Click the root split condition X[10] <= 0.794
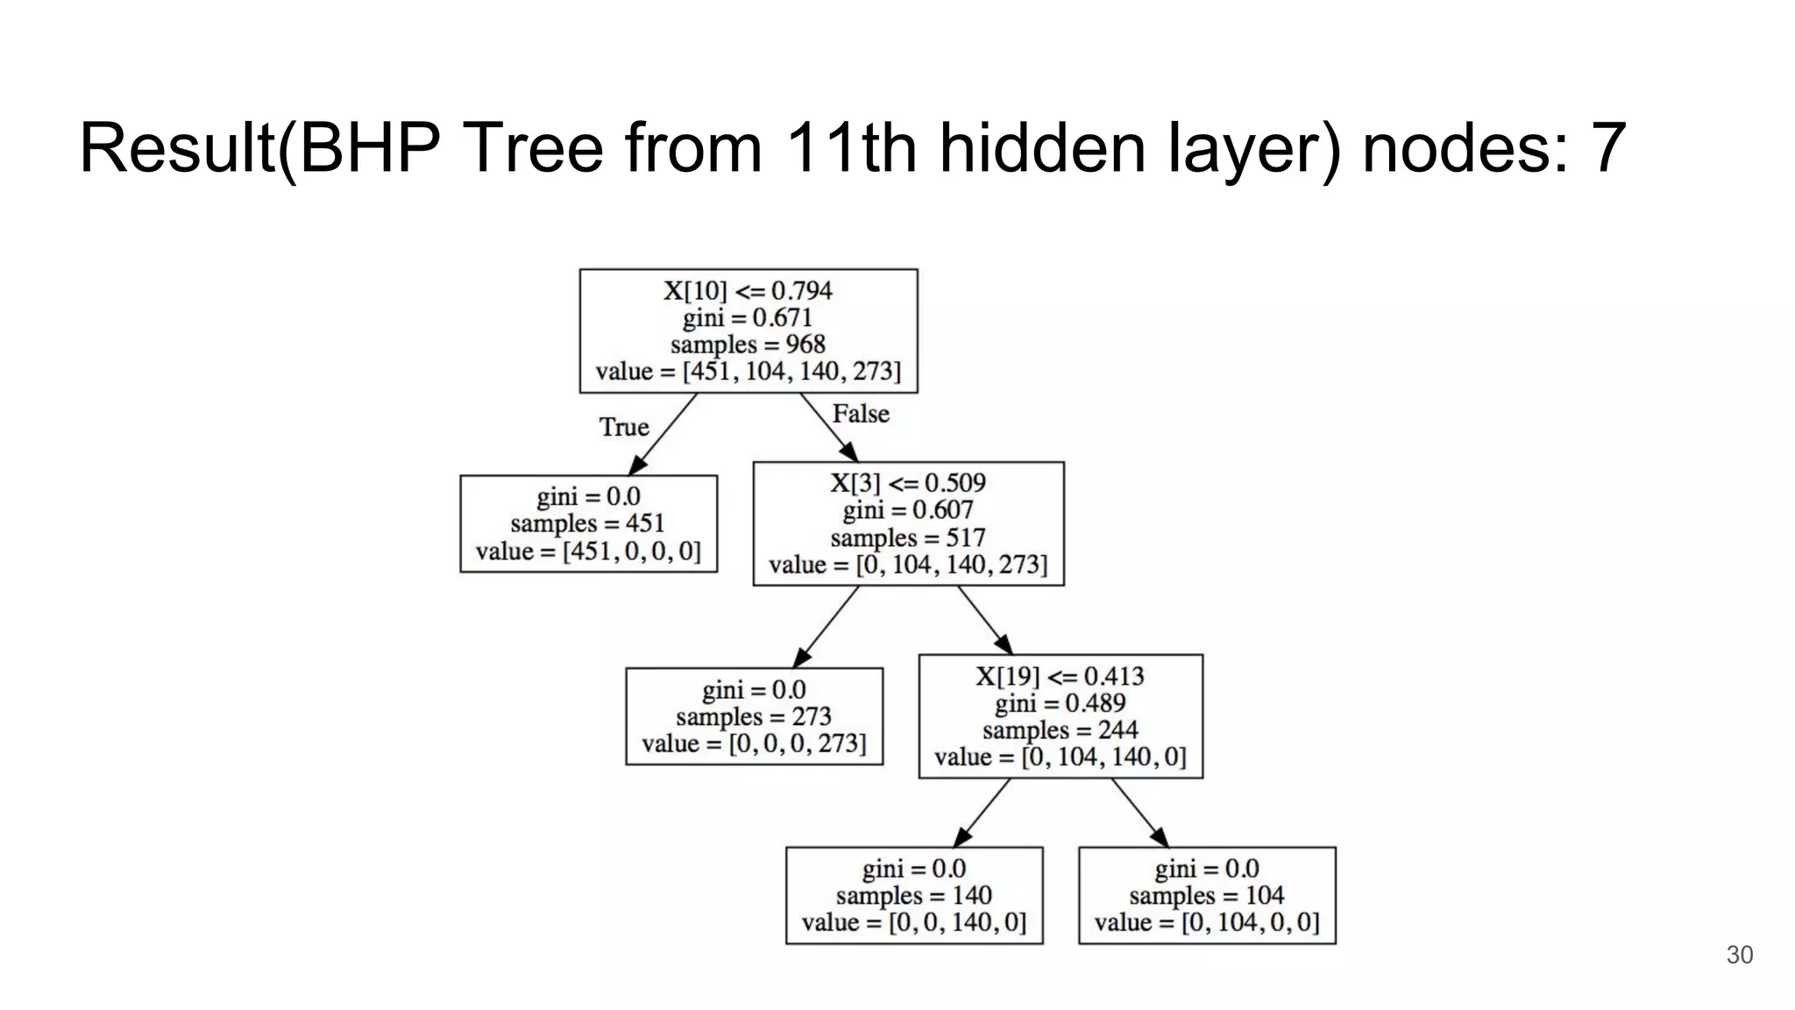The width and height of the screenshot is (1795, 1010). (x=748, y=290)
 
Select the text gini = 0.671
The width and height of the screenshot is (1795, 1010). (x=748, y=317)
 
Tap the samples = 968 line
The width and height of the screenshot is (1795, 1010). (x=748, y=345)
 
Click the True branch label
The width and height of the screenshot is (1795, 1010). (x=624, y=427)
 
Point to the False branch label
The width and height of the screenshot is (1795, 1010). (x=861, y=414)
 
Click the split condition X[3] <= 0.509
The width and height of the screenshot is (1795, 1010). (x=908, y=483)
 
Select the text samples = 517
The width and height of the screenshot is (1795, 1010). (x=908, y=537)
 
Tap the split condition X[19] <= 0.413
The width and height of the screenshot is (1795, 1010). (x=1060, y=676)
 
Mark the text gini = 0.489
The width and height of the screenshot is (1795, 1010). (x=1060, y=703)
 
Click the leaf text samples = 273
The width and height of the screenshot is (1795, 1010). (x=754, y=717)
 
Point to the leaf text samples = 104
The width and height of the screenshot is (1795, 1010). (x=1206, y=896)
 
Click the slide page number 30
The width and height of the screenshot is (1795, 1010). (x=1739, y=956)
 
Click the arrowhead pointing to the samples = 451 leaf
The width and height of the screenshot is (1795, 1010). (x=637, y=466)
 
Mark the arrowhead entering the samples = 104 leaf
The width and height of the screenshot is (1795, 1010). (x=1160, y=838)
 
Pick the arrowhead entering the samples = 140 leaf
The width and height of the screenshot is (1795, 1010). (x=961, y=838)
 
